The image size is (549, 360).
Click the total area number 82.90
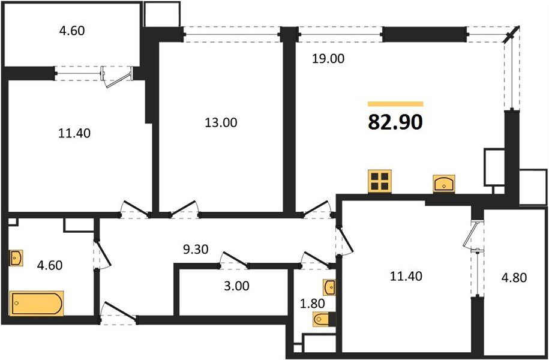coord(395,122)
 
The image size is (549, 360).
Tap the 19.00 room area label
coord(326,59)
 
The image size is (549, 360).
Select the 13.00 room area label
coord(221,123)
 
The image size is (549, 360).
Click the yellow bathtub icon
coord(37,303)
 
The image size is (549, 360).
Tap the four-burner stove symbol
coord(380,181)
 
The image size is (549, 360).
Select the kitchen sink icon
coord(443,183)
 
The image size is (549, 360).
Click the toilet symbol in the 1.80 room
coord(320,319)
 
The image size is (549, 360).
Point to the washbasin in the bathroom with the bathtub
coord(16,259)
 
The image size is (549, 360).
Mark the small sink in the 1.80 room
coord(329,284)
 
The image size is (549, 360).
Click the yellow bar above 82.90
coord(395,104)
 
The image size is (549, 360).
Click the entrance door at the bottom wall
coord(118,313)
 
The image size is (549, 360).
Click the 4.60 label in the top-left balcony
coord(72,30)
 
